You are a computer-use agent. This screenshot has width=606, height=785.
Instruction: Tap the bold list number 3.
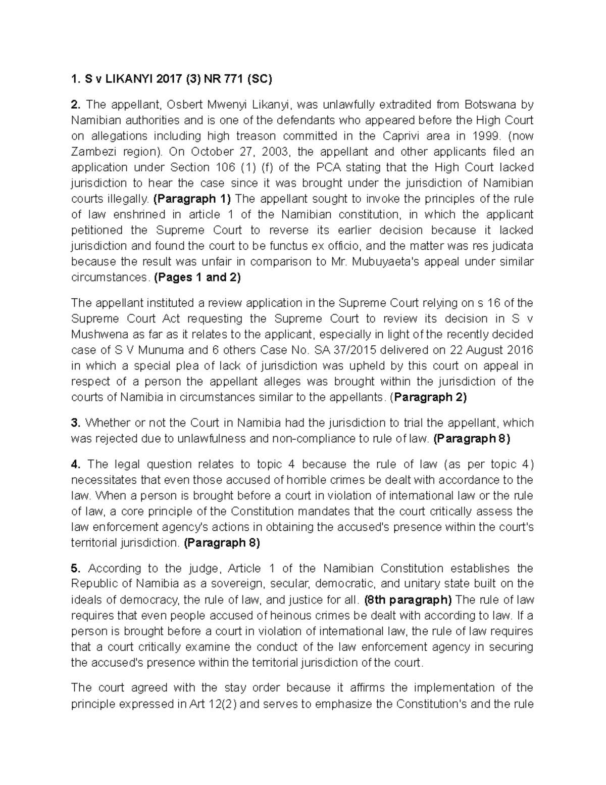(x=76, y=423)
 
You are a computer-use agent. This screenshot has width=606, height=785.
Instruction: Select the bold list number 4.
(x=76, y=464)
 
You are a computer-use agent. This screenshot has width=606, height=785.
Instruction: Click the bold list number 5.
(x=76, y=568)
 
